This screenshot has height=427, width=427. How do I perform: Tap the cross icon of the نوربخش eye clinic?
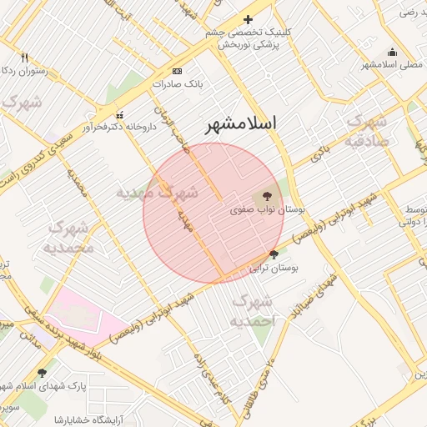(x=248, y=19)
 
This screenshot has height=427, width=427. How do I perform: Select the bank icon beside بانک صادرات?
(x=176, y=71)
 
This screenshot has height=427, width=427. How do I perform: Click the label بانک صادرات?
(x=179, y=83)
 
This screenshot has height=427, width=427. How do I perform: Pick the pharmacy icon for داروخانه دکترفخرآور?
(x=120, y=114)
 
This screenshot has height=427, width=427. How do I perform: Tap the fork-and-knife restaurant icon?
(x=24, y=58)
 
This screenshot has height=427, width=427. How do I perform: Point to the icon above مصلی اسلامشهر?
(x=391, y=52)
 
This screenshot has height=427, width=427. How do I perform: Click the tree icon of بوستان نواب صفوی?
(x=267, y=197)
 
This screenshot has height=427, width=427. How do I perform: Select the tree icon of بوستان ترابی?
(x=274, y=254)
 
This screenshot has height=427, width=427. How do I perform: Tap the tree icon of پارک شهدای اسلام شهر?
(x=43, y=372)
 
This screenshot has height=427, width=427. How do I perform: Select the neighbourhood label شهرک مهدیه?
(x=157, y=193)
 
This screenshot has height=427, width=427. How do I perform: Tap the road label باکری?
(x=321, y=151)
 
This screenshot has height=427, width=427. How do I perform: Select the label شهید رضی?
(x=408, y=12)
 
